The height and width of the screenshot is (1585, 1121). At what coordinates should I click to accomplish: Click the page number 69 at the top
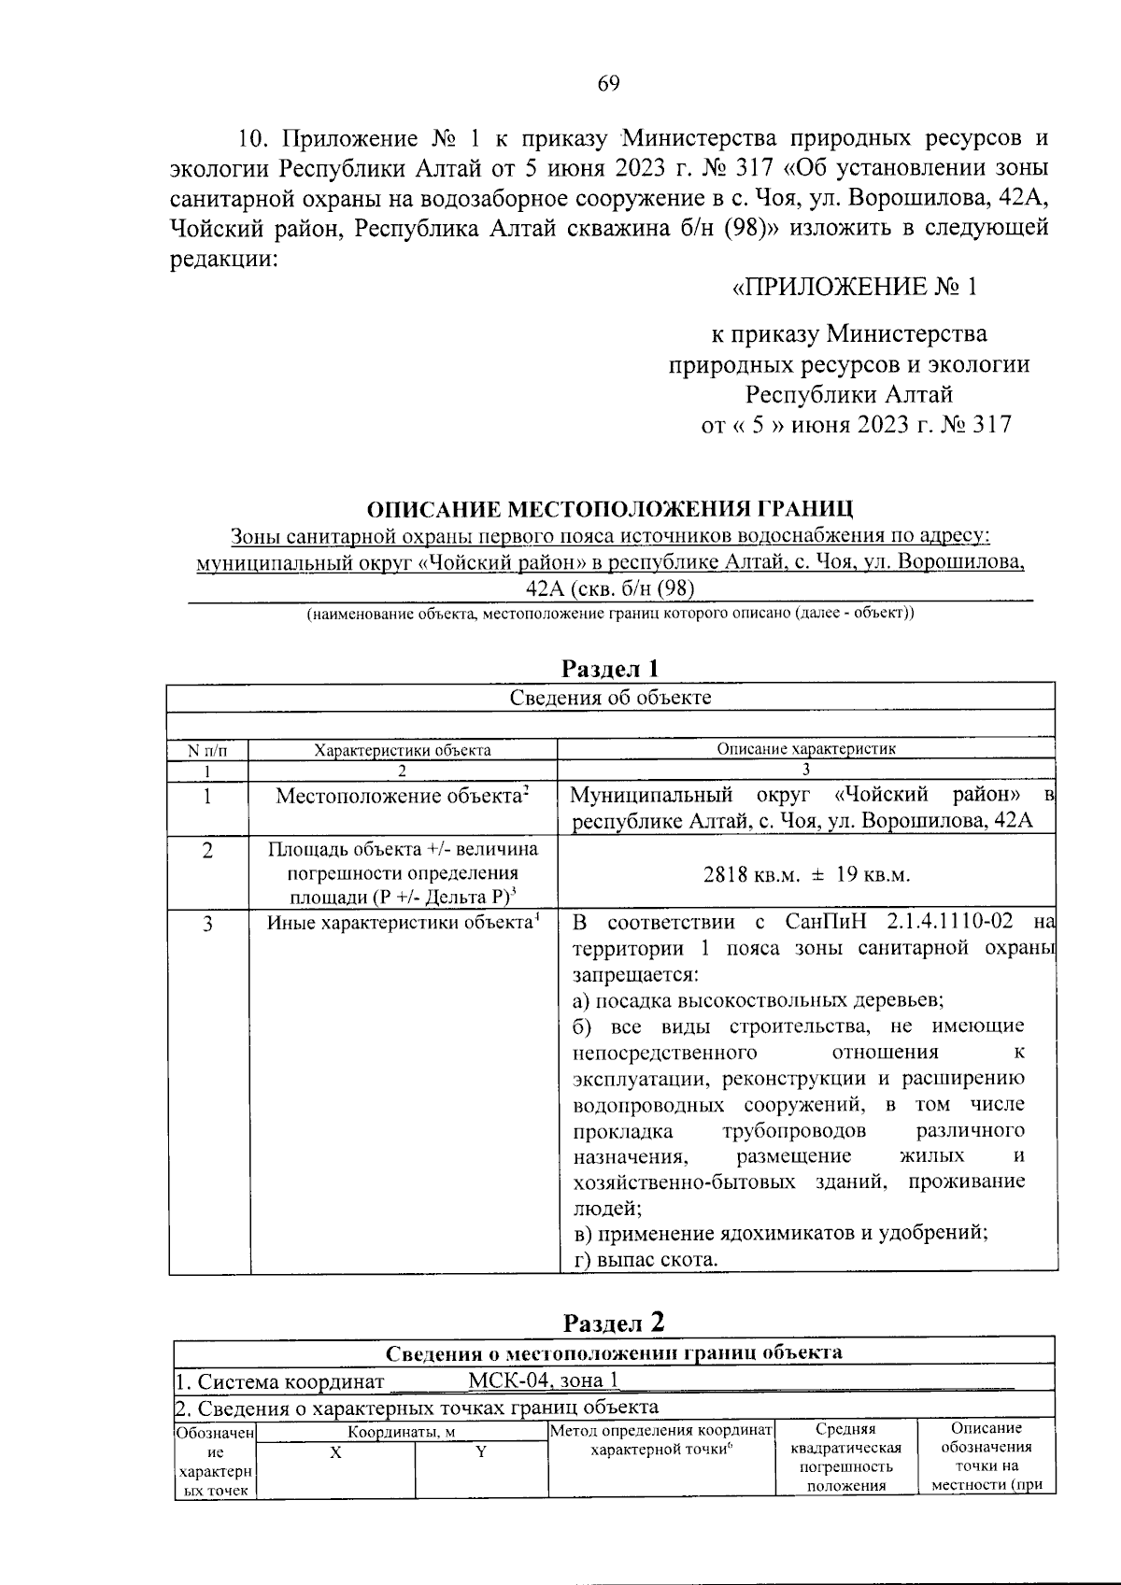point(608,84)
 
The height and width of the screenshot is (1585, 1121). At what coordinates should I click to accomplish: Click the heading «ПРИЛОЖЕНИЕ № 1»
point(853,286)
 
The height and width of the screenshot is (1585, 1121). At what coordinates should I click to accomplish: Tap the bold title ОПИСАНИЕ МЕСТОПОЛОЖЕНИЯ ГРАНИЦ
point(609,509)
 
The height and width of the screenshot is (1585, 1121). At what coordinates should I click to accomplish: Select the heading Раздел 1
point(611,669)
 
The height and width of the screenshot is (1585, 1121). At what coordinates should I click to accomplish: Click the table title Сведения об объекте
point(610,698)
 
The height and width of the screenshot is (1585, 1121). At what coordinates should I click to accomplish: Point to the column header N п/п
point(207,750)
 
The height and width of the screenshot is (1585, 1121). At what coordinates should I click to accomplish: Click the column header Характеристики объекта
point(402,750)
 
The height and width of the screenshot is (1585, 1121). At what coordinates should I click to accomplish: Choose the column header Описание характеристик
point(805,749)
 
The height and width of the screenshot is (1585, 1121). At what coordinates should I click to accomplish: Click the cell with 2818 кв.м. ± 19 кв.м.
point(805,875)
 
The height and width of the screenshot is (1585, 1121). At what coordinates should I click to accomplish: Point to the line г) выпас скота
point(645,1259)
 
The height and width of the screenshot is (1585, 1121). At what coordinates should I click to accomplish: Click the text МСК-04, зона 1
point(543,1380)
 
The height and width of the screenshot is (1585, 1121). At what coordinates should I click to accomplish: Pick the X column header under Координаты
point(335,1452)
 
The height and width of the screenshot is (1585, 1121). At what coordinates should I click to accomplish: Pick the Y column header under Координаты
point(480,1452)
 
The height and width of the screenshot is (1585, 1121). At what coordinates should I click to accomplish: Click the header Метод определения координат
point(660,1430)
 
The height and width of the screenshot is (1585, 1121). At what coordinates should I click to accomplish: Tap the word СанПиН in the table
point(824,923)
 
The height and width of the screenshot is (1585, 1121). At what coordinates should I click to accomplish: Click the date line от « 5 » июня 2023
point(856,425)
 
